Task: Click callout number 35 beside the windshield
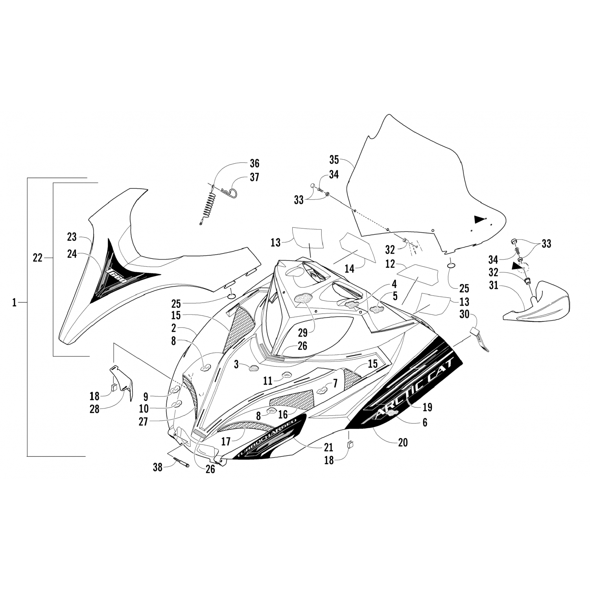[334, 160]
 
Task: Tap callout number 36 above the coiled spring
[254, 163]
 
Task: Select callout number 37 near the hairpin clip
[254, 177]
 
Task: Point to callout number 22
[38, 258]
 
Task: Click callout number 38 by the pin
[157, 467]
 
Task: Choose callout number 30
[465, 314]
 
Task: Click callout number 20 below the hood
[402, 442]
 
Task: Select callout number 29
[302, 333]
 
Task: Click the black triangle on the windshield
[479, 219]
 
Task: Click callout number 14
[349, 269]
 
